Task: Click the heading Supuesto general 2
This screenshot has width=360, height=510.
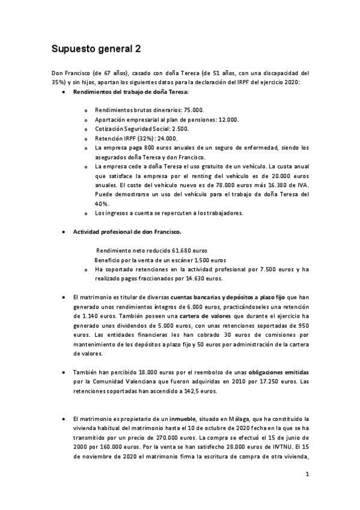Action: click(96, 48)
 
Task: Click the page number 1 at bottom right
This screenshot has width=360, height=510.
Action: click(307, 474)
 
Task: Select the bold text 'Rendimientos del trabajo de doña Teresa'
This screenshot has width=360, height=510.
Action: click(130, 92)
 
